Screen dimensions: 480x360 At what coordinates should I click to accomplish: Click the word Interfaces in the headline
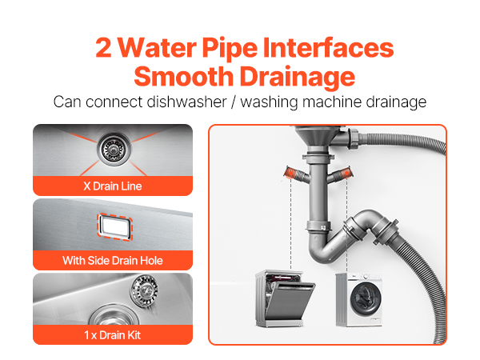328,48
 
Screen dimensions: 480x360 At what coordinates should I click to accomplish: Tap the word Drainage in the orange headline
298,77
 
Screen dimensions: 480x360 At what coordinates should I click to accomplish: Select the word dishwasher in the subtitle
186,102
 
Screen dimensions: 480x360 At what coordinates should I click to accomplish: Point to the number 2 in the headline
103,48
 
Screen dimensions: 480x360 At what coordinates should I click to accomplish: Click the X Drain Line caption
113,186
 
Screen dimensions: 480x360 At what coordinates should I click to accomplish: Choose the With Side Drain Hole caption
113,261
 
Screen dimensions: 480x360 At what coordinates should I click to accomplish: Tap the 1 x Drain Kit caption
113,335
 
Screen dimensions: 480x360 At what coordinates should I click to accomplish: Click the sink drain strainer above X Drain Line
114,150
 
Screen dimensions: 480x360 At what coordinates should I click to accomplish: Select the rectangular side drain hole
114,227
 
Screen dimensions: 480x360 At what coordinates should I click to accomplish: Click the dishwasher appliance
285,298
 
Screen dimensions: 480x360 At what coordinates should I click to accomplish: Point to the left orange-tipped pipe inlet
296,174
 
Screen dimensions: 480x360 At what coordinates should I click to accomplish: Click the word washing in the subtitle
270,102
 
